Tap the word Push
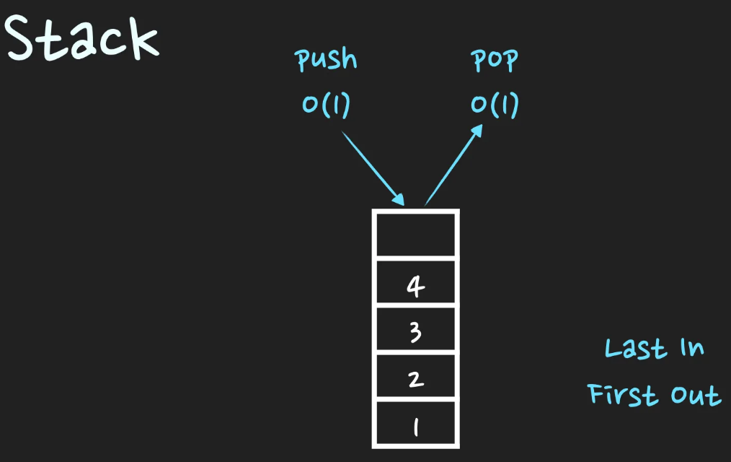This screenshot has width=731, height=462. click(x=327, y=60)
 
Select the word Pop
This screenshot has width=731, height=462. click(x=495, y=61)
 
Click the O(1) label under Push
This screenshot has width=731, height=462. click(x=327, y=105)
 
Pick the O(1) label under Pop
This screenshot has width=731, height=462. click(x=495, y=105)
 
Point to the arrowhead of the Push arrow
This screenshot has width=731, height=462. click(x=399, y=200)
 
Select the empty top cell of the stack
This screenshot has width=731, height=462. click(x=415, y=234)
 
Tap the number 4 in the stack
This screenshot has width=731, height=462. click(x=415, y=287)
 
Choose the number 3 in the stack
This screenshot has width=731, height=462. click(x=415, y=333)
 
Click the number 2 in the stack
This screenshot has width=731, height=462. click(x=415, y=379)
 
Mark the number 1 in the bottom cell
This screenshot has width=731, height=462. click(x=415, y=427)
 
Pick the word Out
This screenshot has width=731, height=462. click(x=696, y=396)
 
